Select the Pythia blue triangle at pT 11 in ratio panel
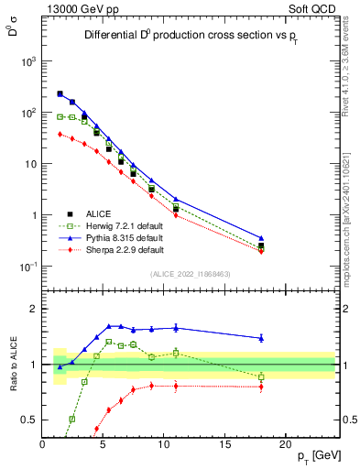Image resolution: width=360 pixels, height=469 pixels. click(x=176, y=327)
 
